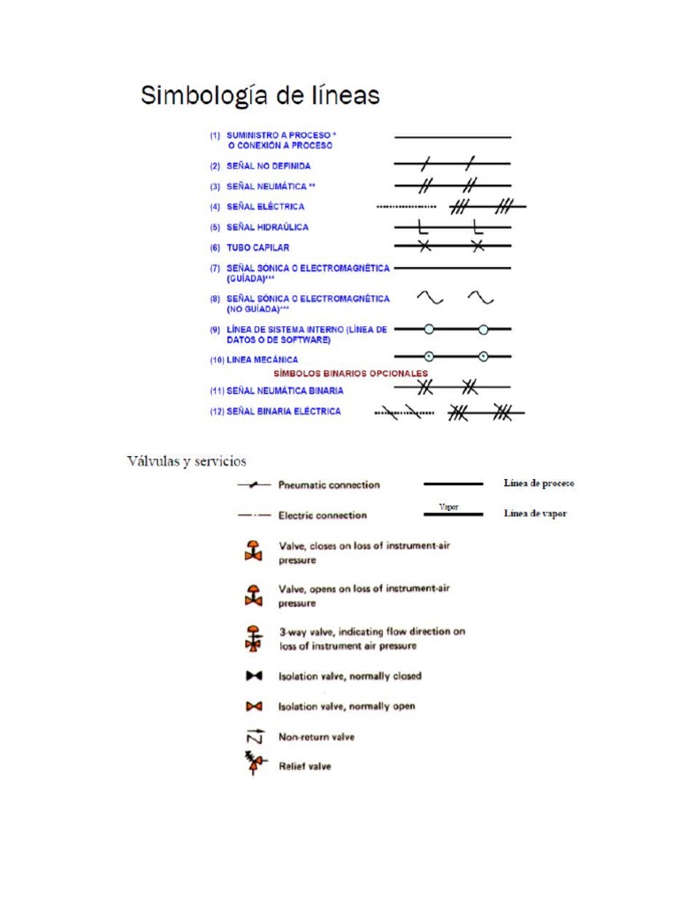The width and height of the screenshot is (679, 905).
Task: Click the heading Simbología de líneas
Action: point(260,96)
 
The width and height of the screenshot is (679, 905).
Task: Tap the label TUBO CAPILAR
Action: point(258,248)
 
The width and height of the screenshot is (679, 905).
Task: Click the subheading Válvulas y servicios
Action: point(187,461)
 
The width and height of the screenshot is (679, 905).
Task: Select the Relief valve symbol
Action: point(254,764)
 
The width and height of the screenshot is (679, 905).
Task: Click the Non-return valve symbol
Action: point(253,735)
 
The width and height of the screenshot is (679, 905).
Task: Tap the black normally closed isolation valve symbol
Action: point(254,676)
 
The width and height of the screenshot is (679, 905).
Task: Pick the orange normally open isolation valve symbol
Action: point(254,706)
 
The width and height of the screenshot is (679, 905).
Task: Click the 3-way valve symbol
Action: point(254,638)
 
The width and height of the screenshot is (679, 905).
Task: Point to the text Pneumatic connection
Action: point(329,485)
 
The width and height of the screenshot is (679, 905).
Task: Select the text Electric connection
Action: point(323,515)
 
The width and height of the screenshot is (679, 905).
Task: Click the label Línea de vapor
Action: point(535,513)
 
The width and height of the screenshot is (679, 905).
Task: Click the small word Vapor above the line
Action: point(449,507)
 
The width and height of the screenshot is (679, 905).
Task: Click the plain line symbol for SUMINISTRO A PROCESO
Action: point(452,138)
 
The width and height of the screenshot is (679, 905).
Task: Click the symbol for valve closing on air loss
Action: point(254,551)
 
